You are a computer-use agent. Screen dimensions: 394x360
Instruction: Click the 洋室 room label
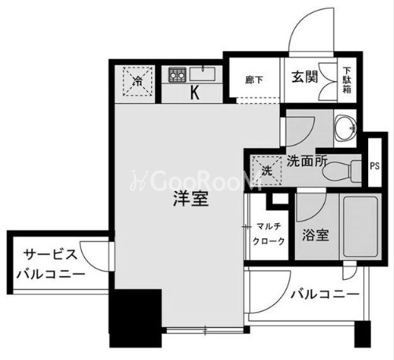coord(191,198)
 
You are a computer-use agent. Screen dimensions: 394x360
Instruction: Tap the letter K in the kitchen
coord(194,93)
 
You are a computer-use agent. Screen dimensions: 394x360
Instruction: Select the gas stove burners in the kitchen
coord(177,75)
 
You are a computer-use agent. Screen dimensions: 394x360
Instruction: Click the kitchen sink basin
coord(202,74)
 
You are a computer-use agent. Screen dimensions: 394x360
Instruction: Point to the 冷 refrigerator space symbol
coord(138,81)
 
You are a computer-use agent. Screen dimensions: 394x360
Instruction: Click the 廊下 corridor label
coord(254,80)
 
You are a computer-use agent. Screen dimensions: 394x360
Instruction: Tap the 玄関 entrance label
coord(304,77)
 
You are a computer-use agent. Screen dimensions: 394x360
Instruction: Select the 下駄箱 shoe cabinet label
coord(348,80)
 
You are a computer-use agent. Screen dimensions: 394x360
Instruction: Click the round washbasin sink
coord(346,127)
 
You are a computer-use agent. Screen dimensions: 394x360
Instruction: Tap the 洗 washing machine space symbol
coord(266,171)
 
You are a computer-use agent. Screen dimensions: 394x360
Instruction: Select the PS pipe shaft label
coord(375,166)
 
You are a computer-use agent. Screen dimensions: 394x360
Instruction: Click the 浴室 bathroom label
coord(315,235)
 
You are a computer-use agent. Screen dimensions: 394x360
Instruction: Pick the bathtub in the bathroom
coord(360,226)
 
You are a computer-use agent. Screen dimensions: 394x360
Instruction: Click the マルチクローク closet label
coord(269,233)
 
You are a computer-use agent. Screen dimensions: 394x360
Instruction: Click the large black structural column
coord(135,318)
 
